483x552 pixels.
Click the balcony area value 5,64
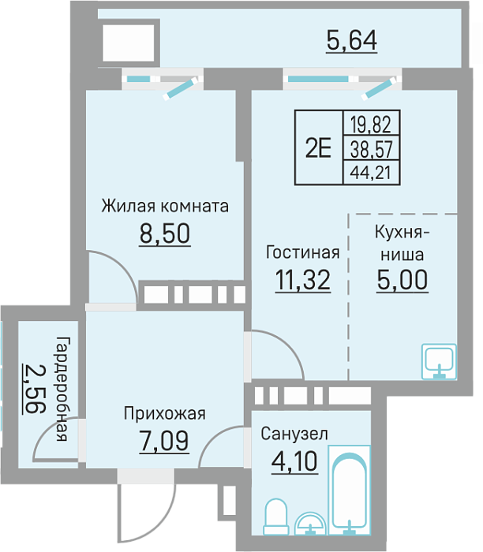click(351, 41)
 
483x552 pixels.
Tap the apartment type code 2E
click(319, 148)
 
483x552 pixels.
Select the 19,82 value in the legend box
click(371, 125)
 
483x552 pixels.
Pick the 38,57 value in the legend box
click(371, 149)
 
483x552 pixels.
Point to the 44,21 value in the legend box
click(371, 173)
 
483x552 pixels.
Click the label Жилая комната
click(165, 206)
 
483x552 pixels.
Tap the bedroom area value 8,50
click(165, 233)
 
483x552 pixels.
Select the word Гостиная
click(302, 252)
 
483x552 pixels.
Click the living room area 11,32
click(303, 280)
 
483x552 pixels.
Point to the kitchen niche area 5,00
click(402, 279)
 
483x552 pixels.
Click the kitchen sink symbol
click(440, 361)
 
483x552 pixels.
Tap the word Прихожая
click(164, 414)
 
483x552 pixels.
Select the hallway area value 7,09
click(164, 441)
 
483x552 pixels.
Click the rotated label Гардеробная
click(62, 389)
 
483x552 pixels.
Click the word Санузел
click(294, 434)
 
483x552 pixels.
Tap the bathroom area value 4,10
click(295, 461)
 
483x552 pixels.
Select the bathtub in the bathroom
click(350, 490)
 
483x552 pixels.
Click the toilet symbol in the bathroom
click(276, 517)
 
